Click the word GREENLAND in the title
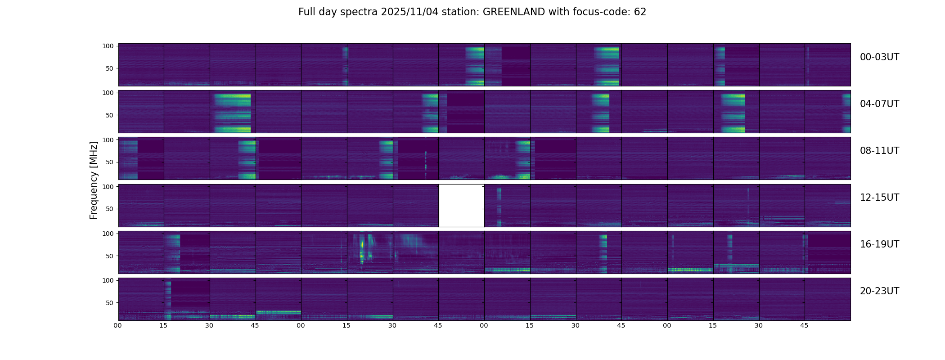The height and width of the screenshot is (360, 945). [514, 12]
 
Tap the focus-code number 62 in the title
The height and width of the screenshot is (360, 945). [640, 12]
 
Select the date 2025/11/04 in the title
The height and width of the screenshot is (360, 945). [407, 12]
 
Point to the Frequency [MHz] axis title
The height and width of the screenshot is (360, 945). [94, 180]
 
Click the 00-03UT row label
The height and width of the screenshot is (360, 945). [879, 57]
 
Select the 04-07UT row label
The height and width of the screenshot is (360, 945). [879, 104]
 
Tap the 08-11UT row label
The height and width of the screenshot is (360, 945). [879, 151]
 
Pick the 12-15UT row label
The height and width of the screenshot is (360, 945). [879, 198]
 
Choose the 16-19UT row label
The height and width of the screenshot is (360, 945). [879, 244]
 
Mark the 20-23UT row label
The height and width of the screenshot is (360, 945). [879, 291]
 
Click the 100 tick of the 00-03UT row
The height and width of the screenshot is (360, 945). [108, 46]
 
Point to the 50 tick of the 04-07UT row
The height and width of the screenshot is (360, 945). [109, 115]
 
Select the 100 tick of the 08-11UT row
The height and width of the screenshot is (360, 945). [108, 140]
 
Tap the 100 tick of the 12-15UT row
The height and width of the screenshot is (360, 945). [108, 186]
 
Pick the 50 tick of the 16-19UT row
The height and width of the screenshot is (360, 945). [109, 256]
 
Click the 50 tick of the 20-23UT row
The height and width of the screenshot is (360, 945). [109, 303]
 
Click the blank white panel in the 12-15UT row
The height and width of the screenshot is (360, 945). [461, 206]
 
